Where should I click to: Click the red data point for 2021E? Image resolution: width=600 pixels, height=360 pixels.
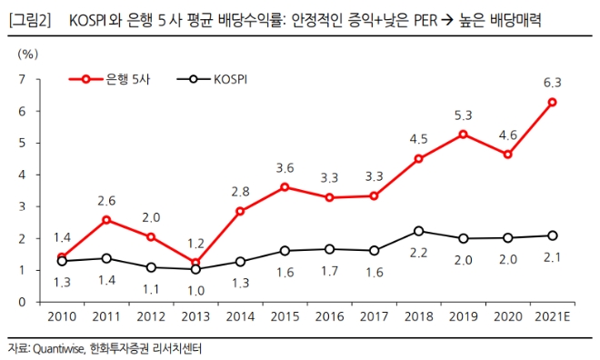click(552, 102)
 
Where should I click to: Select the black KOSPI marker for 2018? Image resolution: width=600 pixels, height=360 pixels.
click(417, 231)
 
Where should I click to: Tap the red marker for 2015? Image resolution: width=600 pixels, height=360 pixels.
click(285, 187)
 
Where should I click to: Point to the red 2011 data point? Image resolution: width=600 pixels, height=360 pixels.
click(106, 220)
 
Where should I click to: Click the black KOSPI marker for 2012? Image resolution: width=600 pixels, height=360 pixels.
click(151, 267)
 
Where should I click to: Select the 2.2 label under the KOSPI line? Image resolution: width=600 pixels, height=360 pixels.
click(418, 252)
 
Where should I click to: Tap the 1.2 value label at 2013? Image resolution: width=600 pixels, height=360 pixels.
click(195, 243)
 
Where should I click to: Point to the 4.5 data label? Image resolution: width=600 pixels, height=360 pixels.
click(418, 139)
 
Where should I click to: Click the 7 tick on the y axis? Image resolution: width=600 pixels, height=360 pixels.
click(21, 80)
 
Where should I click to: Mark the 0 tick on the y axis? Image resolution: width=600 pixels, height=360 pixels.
click(21, 302)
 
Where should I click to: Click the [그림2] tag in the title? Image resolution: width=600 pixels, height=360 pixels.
click(29, 15)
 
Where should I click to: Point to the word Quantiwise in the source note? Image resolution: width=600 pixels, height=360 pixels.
click(56, 348)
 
